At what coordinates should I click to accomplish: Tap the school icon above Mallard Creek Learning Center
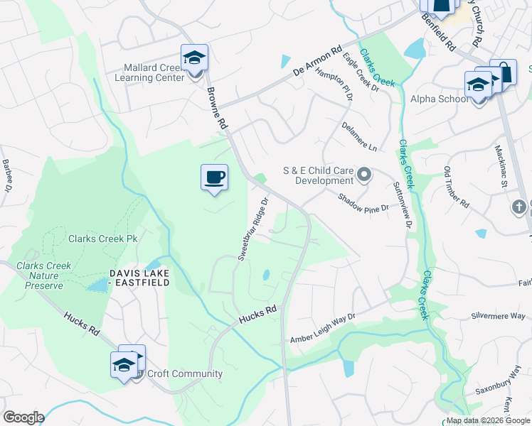194,58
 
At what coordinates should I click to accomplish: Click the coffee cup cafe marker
213,178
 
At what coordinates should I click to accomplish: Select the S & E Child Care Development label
318,175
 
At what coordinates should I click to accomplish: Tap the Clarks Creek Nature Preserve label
44,275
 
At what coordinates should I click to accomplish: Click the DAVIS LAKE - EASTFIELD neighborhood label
139,278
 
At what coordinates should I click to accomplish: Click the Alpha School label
439,99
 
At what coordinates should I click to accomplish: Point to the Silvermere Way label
498,316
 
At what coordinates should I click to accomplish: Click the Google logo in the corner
23,417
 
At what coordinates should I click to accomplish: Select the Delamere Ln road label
359,136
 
